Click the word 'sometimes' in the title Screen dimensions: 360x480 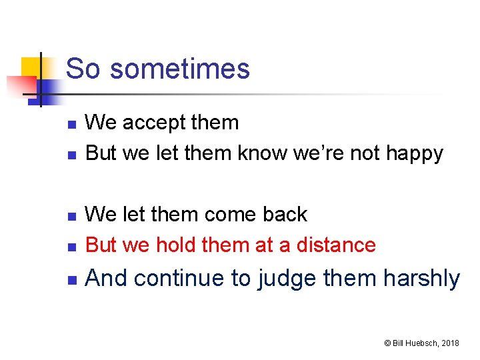pos(179,69)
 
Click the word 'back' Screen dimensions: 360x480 pos(285,215)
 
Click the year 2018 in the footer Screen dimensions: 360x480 pos(449,343)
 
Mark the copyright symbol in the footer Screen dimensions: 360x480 pos(386,343)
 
